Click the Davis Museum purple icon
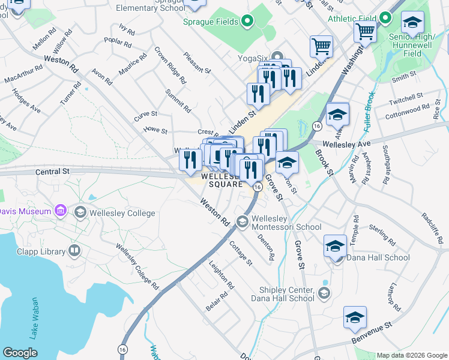click(59, 211)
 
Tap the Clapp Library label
click(40, 251)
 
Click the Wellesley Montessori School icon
click(243, 222)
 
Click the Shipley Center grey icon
click(324, 293)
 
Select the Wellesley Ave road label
click(346, 144)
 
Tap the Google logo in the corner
click(20, 353)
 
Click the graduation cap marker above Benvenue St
click(355, 317)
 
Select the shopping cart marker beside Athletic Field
click(364, 32)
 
